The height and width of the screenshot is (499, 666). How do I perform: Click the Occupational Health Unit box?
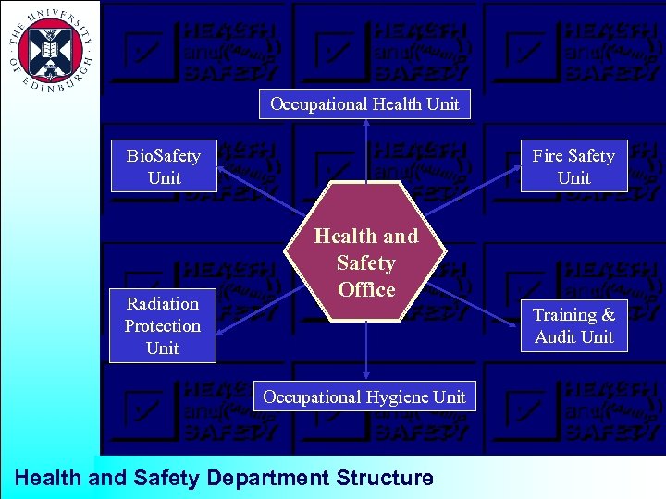click(364, 103)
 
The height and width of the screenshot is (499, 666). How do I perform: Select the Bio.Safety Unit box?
click(164, 166)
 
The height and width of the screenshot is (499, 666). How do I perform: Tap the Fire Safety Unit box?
click(573, 166)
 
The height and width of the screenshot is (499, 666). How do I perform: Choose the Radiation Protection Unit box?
click(163, 325)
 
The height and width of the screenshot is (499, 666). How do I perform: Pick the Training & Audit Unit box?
click(573, 325)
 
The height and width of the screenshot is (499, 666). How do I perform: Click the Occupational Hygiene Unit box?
click(364, 396)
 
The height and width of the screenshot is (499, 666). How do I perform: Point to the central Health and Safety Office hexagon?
click(366, 262)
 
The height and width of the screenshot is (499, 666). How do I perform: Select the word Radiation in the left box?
click(163, 303)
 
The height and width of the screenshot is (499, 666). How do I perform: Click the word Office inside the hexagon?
click(366, 289)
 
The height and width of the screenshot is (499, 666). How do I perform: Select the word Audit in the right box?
click(554, 336)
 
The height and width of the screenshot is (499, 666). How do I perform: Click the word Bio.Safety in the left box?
click(164, 155)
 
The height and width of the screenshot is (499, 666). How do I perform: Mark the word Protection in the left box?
click(163, 325)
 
